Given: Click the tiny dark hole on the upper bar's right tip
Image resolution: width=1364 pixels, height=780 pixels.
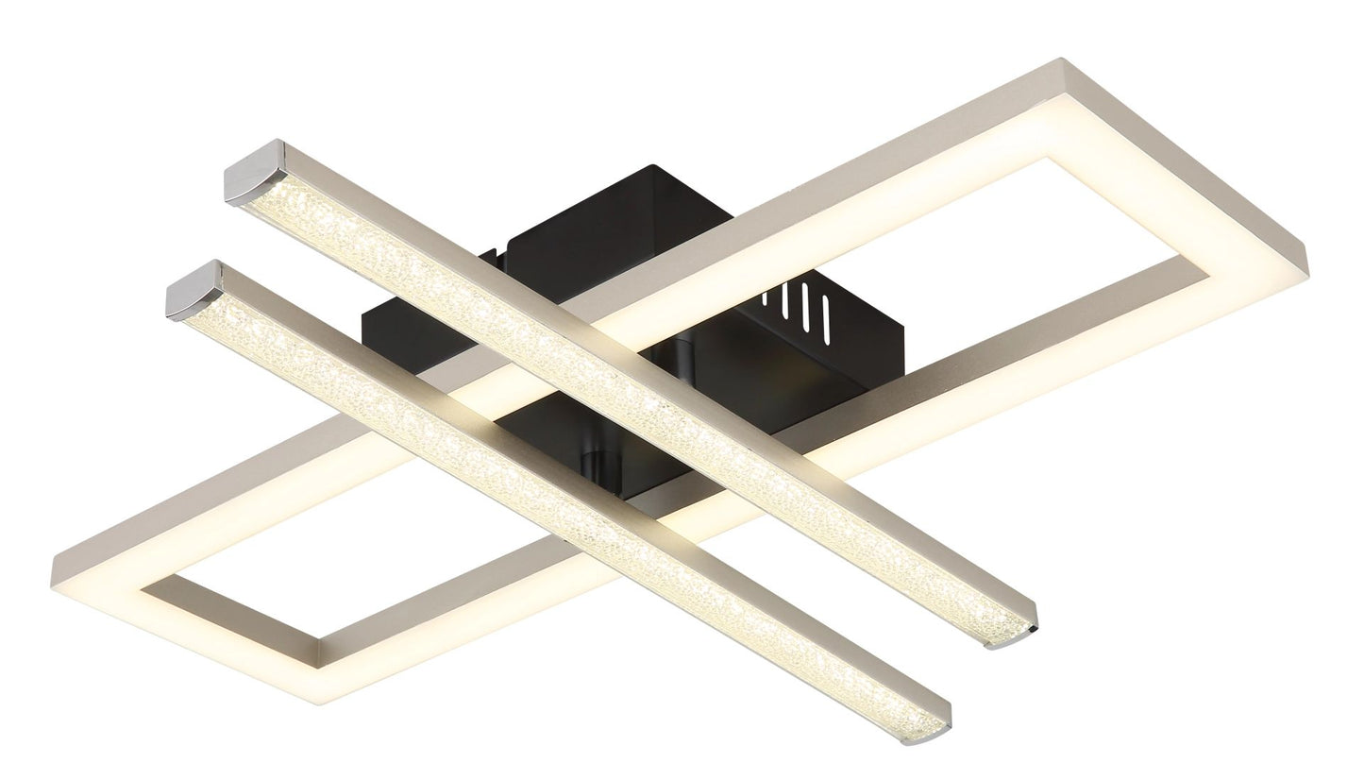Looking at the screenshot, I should (x=1035, y=628).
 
